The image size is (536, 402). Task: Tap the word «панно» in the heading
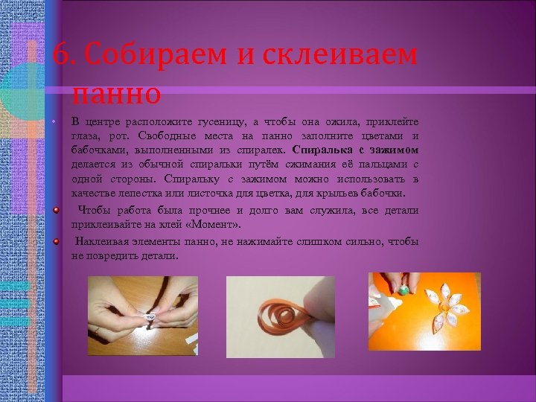tap(117, 94)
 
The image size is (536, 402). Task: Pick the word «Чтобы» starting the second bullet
tap(94, 210)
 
